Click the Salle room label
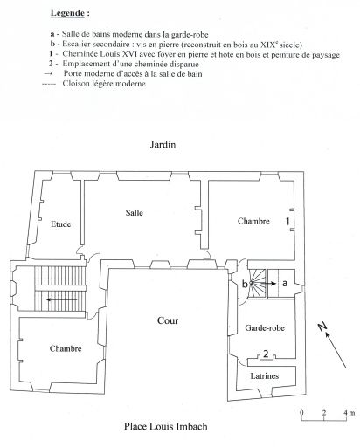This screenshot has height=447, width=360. click(135, 213)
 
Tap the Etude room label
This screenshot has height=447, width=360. click(61, 224)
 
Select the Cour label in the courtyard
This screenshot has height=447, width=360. click(168, 320)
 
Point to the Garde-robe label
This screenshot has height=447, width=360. click(265, 328)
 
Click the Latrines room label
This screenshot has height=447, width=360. click(265, 376)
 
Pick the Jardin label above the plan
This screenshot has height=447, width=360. click(163, 145)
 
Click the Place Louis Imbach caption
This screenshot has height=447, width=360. click(166, 427)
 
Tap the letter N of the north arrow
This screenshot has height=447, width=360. click(322, 327)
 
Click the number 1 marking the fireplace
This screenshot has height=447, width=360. click(287, 222)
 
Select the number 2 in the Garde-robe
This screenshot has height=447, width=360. click(266, 354)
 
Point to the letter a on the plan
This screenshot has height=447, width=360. click(285, 283)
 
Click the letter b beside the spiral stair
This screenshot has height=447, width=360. click(245, 284)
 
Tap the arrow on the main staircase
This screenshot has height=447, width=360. click(62, 299)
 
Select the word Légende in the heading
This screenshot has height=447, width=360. click(67, 13)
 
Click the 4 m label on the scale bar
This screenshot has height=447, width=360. click(349, 413)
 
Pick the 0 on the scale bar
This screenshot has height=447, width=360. click(301, 413)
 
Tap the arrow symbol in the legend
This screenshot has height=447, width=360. click(48, 74)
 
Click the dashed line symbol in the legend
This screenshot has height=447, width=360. click(49, 85)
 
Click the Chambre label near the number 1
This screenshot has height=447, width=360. click(253, 221)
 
